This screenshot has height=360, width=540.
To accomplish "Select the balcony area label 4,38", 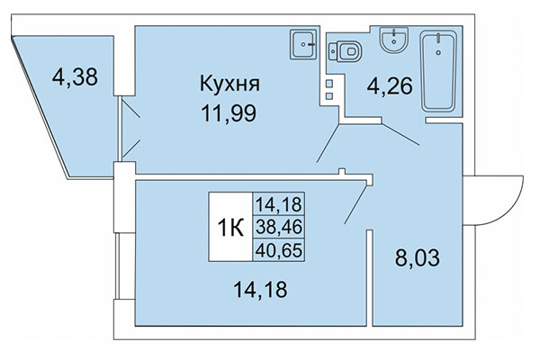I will pyautogui.click(x=75, y=76).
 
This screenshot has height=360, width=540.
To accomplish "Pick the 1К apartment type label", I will pyautogui.click(x=229, y=228).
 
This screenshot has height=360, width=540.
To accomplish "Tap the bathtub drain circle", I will pyautogui.click(x=440, y=52).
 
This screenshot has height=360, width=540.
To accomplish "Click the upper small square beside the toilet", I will pyautogui.click(x=330, y=83).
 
